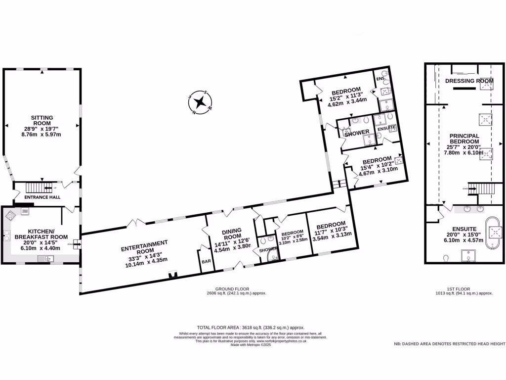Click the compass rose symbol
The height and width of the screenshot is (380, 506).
pos(200,103)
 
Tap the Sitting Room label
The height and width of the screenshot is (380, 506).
pos(42,121)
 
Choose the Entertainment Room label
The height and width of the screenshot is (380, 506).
pos(145,246)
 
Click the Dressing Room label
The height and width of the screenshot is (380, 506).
pos(469,81)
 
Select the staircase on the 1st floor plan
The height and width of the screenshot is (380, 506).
pos(478,189)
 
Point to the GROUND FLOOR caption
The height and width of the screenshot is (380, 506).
pos(232,288)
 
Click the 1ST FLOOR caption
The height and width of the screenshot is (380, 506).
pos(459,288)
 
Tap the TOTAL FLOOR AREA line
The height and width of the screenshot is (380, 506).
pos(251,328)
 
